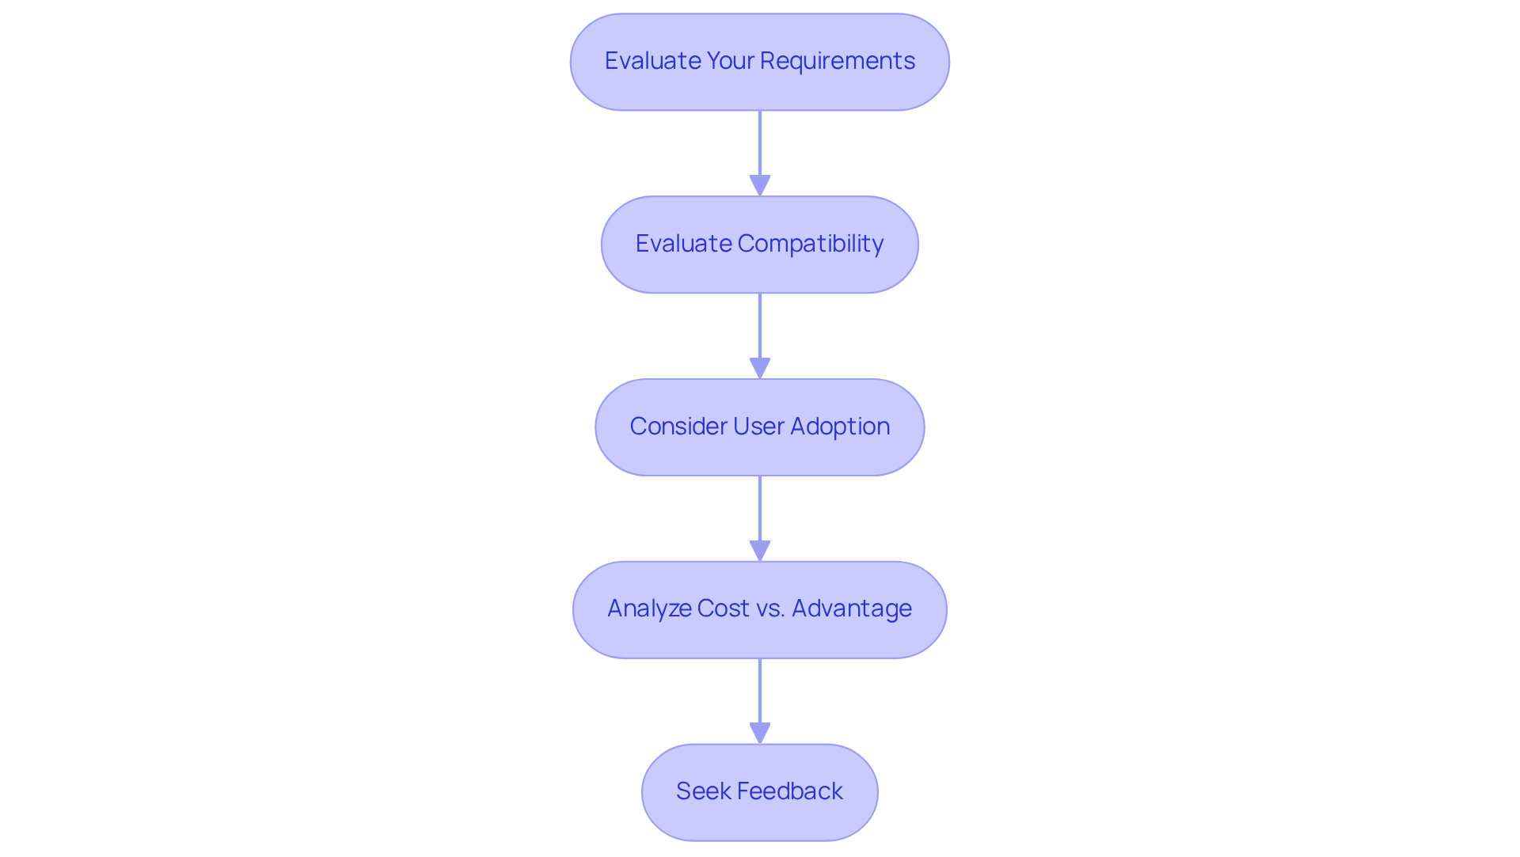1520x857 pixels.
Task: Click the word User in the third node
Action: (758, 427)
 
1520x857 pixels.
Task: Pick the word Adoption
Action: (840, 427)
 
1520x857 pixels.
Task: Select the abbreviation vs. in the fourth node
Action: (770, 609)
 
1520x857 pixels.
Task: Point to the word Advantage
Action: (852, 609)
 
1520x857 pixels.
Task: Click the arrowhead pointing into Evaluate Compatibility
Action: (760, 186)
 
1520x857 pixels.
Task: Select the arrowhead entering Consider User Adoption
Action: (760, 369)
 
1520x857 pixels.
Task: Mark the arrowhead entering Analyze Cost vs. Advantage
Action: (760, 552)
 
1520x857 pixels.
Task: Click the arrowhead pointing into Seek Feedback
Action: (760, 734)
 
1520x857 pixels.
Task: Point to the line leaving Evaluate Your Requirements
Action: (760, 142)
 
